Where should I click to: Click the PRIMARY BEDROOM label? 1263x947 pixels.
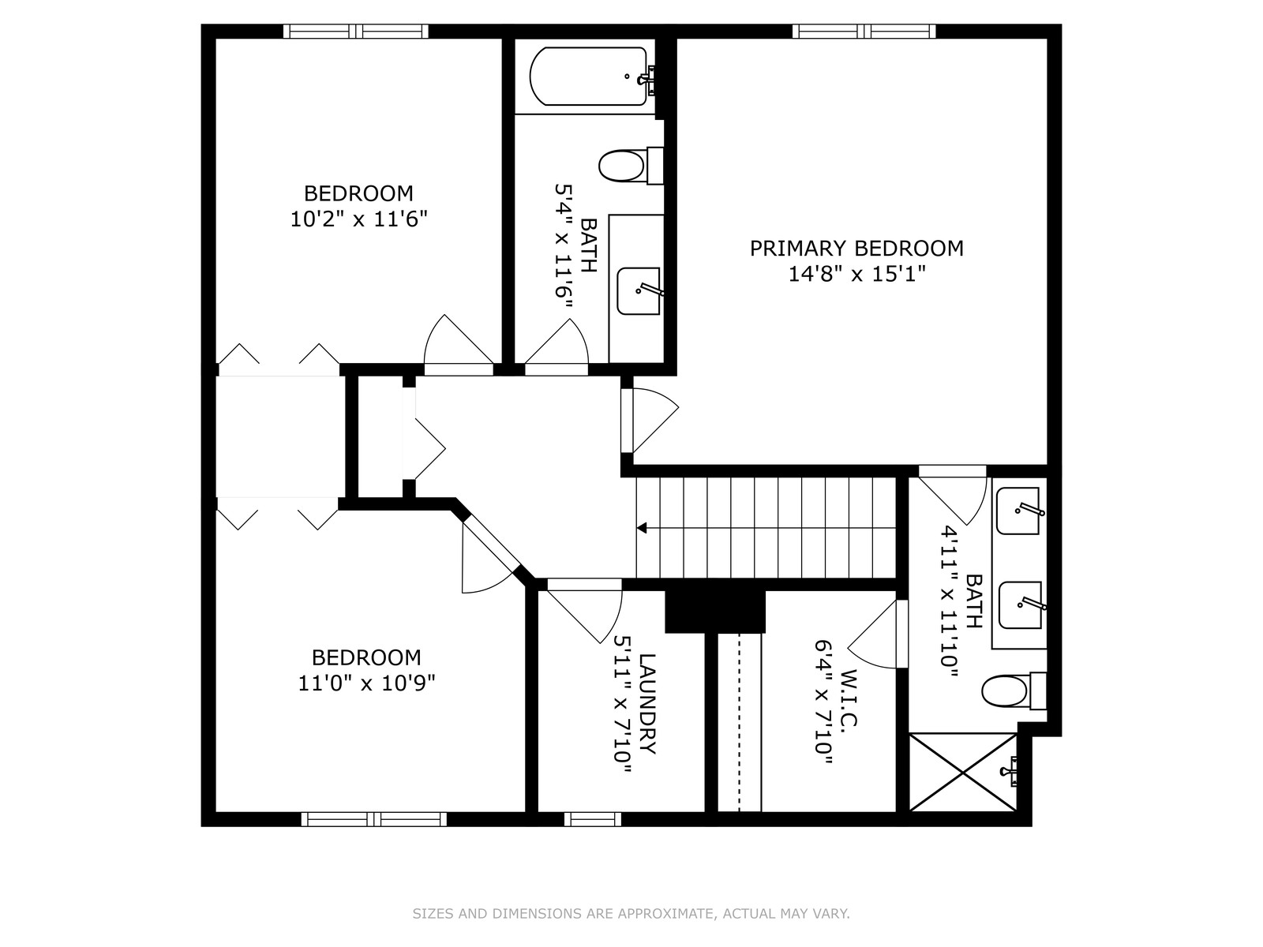[x=856, y=249]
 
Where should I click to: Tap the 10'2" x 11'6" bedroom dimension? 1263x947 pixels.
[x=358, y=219]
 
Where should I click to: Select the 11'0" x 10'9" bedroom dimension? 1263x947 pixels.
[x=366, y=683]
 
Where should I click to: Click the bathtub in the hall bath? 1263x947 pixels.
[x=589, y=77]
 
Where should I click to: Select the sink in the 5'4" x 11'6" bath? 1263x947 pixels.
[x=639, y=291]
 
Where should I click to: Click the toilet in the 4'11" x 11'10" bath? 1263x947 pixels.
[x=1014, y=691]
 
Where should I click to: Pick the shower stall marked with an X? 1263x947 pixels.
[x=962, y=772]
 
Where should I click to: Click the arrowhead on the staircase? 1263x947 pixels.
[x=642, y=528]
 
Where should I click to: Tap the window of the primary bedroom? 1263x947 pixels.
[x=864, y=31]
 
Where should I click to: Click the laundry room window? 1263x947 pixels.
[x=593, y=819]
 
